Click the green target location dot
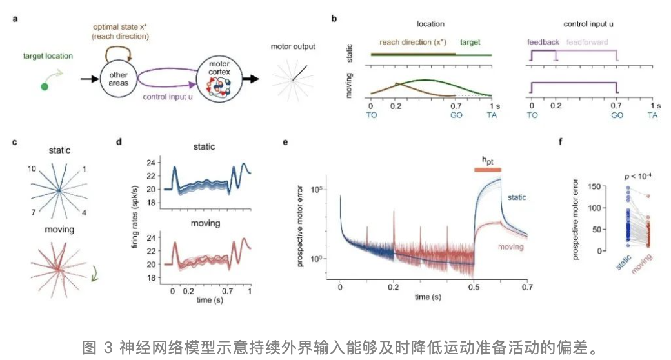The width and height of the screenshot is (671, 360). tap(45, 86)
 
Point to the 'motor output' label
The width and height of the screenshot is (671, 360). tap(294, 46)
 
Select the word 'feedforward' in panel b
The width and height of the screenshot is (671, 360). tap(587, 42)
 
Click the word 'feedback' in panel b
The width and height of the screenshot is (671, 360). tap(544, 42)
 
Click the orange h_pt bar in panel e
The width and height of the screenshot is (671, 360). tap(487, 169)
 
